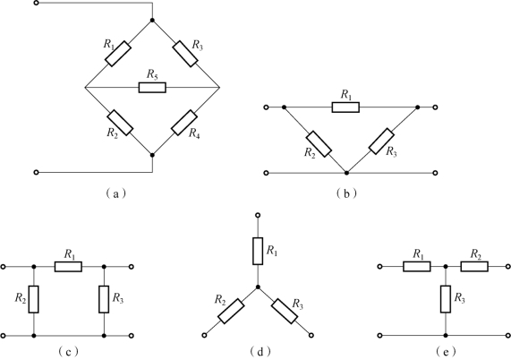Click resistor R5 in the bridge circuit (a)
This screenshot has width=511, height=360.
coord(152,88)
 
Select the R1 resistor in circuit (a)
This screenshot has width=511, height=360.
coord(118,54)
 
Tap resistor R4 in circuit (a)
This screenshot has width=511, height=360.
coord(184,123)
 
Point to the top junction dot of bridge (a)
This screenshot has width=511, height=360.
coord(152,21)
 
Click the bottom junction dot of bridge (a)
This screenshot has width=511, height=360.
coord(152,155)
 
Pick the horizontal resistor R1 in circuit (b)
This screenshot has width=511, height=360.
coord(345,107)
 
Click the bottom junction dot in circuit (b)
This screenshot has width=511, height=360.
coord(346,173)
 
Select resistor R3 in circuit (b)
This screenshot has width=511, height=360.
coord(381,141)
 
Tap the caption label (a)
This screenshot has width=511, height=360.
coord(115,194)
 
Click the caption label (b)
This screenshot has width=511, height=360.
coord(346,194)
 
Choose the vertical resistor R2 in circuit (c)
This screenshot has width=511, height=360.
coord(34,299)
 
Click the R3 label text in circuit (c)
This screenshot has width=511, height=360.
coord(118,298)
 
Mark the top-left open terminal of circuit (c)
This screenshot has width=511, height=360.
coord(4,267)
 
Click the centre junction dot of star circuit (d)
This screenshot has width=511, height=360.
coord(258,287)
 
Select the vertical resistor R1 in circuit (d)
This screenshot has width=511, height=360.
coord(258,251)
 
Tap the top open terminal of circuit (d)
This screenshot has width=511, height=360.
coord(258,215)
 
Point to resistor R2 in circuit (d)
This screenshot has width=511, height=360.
coord(231,311)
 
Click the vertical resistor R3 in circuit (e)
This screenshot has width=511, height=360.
coord(446,299)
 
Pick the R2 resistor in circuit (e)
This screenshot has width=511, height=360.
coord(474,266)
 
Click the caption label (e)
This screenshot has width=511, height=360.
coord(446,352)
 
